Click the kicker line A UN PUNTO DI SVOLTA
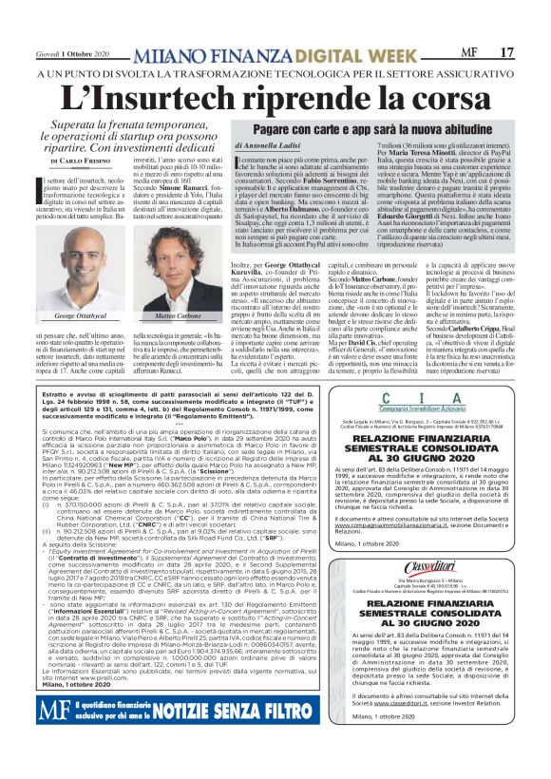(114, 73)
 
